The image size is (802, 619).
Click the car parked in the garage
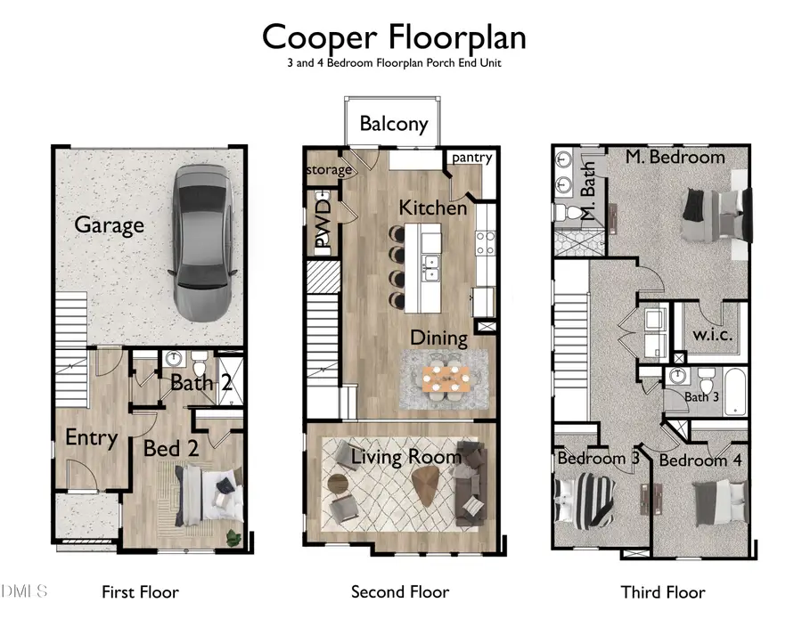(x=203, y=243)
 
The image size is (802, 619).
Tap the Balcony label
(x=394, y=124)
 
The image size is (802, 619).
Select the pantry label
(x=471, y=158)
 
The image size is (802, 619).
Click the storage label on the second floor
(x=329, y=170)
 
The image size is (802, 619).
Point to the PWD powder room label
(x=323, y=224)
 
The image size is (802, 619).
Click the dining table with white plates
(x=446, y=379)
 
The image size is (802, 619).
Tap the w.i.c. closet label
(x=713, y=335)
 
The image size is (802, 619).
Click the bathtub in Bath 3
(x=735, y=392)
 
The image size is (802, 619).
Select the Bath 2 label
(x=201, y=382)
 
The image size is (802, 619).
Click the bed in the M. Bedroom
(x=716, y=216)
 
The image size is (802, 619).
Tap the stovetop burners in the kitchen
(x=485, y=243)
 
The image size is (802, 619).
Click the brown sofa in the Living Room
(x=471, y=484)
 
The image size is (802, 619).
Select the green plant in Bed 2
(x=234, y=538)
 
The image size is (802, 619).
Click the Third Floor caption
(x=663, y=592)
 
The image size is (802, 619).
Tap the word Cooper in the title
(x=320, y=37)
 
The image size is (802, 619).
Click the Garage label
(x=109, y=225)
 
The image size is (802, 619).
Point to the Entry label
(x=92, y=438)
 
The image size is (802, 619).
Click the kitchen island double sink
(x=431, y=268)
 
